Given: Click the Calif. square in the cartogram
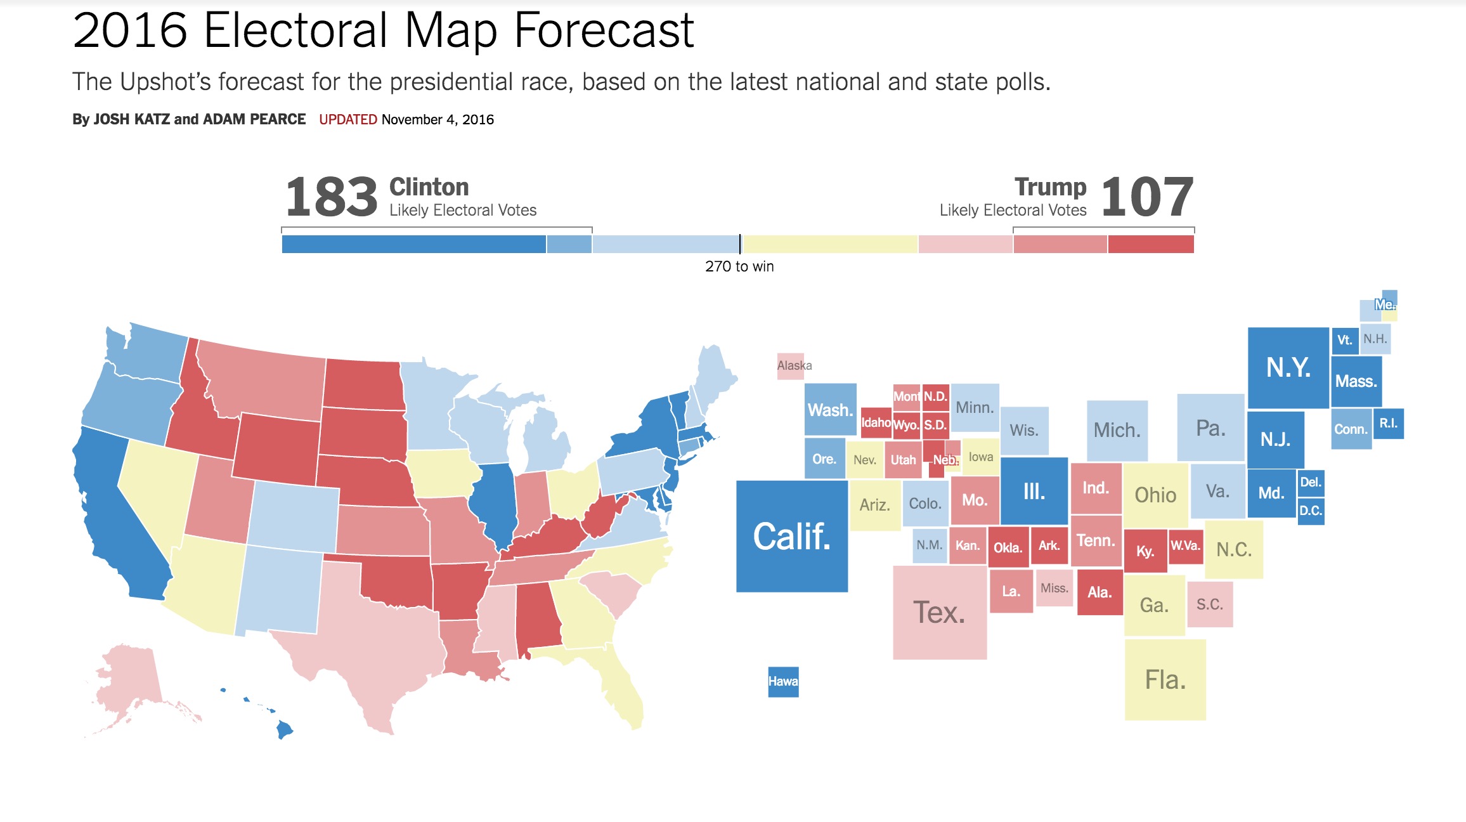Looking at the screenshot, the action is point(792,536).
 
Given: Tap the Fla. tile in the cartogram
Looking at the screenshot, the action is point(1165,679).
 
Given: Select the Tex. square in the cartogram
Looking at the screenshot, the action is point(940,612).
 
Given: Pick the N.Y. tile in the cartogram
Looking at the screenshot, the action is point(1288,368).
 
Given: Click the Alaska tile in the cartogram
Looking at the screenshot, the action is point(791,366).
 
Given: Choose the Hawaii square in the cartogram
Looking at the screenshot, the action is point(783,682).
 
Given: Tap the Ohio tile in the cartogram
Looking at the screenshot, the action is point(1156,495).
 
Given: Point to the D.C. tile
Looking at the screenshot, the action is point(1311,511).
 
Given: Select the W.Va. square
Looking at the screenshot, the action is point(1185,546).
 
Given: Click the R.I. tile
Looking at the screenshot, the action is point(1389,424).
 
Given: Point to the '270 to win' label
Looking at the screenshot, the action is point(739,266).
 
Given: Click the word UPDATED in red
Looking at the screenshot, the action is point(348,119).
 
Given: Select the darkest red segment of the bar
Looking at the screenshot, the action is point(1151,244).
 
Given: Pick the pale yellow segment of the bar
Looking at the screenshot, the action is point(830,244).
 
